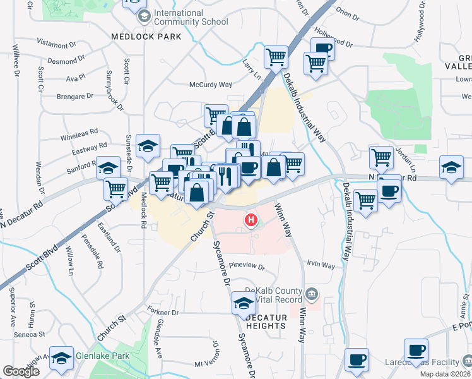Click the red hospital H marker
click(x=251, y=220)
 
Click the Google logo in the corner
click(x=21, y=371)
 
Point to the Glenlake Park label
click(x=103, y=356)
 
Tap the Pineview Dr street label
click(x=249, y=265)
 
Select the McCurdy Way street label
click(x=211, y=85)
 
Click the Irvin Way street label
click(x=321, y=265)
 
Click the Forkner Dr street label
click(x=162, y=313)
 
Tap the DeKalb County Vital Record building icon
click(x=312, y=294)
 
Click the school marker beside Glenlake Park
click(x=61, y=359)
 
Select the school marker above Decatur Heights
click(x=244, y=303)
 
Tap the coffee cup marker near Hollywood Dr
click(x=322, y=48)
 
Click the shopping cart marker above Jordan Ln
click(x=382, y=157)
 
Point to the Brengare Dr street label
click(x=72, y=96)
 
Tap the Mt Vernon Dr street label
click(x=209, y=363)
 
